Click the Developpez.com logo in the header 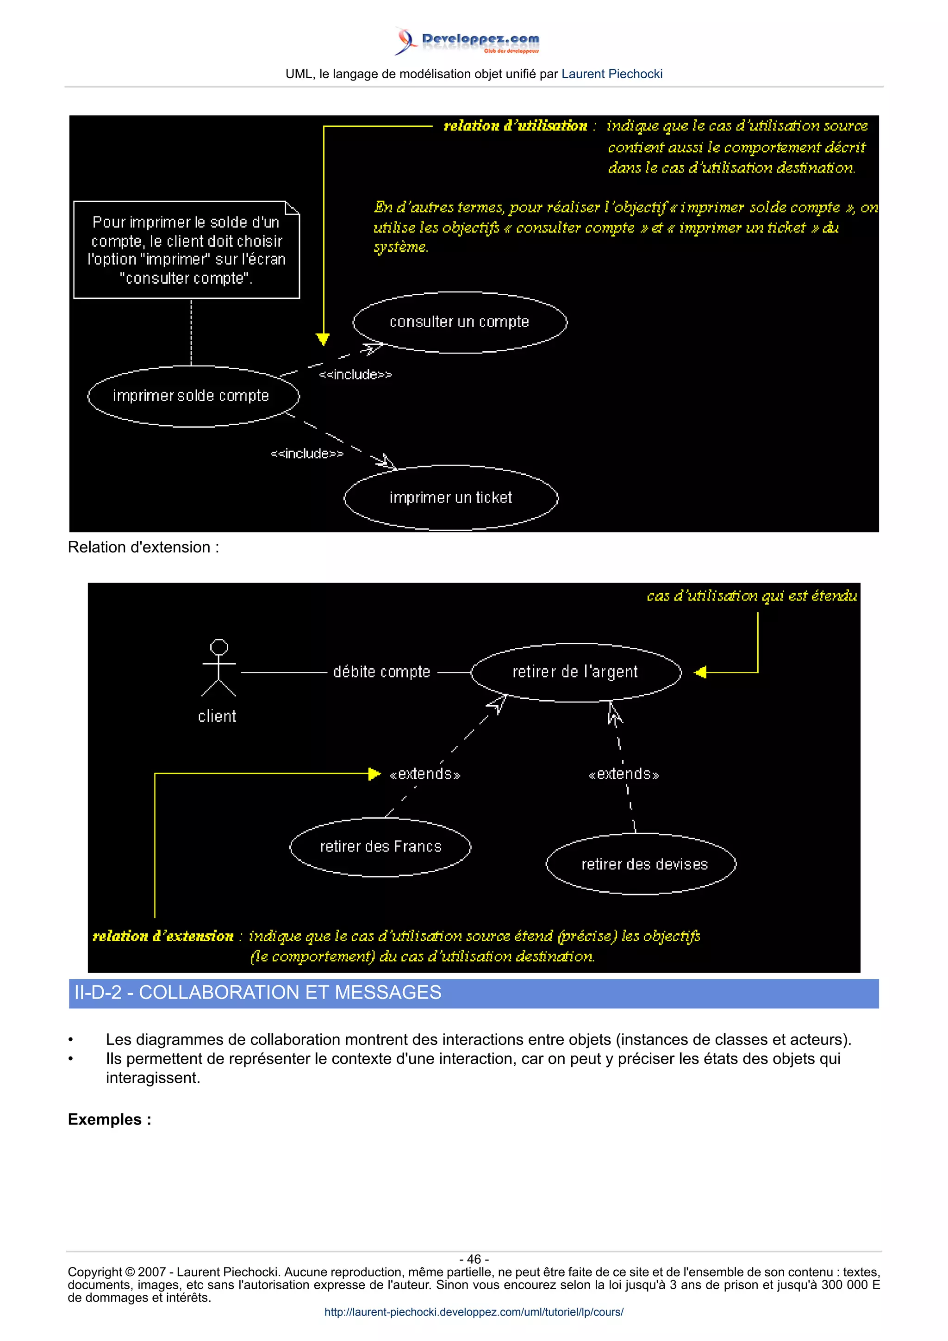tap(467, 41)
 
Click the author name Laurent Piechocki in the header tap(611, 74)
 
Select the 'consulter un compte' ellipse tap(460, 322)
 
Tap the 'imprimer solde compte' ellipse tap(191, 396)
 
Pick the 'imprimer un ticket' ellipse tap(450, 497)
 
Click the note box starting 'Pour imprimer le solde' tap(187, 250)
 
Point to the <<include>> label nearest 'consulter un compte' tap(355, 374)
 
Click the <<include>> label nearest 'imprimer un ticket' tap(306, 453)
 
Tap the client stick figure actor tap(218, 669)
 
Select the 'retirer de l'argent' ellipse tap(575, 672)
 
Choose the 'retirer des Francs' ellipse tap(380, 847)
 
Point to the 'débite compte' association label tap(381, 672)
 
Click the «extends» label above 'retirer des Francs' tap(424, 775)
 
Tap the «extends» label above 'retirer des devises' tap(624, 775)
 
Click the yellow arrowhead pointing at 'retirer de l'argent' tap(700, 672)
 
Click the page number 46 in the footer tap(474, 1259)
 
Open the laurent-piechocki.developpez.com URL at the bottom tap(474, 1312)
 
